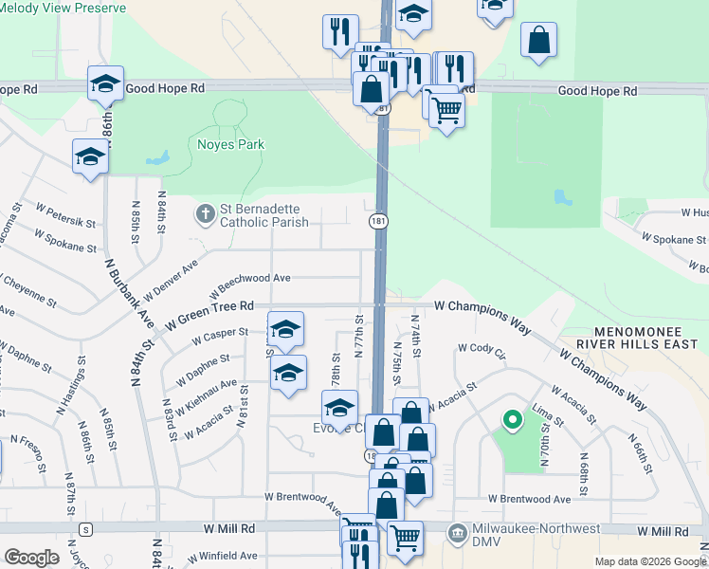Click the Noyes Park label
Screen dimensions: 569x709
click(x=230, y=145)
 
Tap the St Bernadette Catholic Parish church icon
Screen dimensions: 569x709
click(x=205, y=214)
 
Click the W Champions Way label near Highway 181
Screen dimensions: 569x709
click(x=482, y=306)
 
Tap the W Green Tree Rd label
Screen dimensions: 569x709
click(x=209, y=306)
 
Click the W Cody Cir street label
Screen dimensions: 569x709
click(x=482, y=351)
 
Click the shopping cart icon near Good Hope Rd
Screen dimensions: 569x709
click(x=446, y=108)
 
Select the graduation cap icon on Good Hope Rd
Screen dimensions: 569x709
click(x=106, y=83)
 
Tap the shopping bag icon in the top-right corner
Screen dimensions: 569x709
click(x=538, y=41)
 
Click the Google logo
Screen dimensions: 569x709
click(x=31, y=558)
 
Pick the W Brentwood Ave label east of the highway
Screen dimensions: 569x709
click(x=530, y=499)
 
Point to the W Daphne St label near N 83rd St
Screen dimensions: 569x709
click(x=203, y=367)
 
